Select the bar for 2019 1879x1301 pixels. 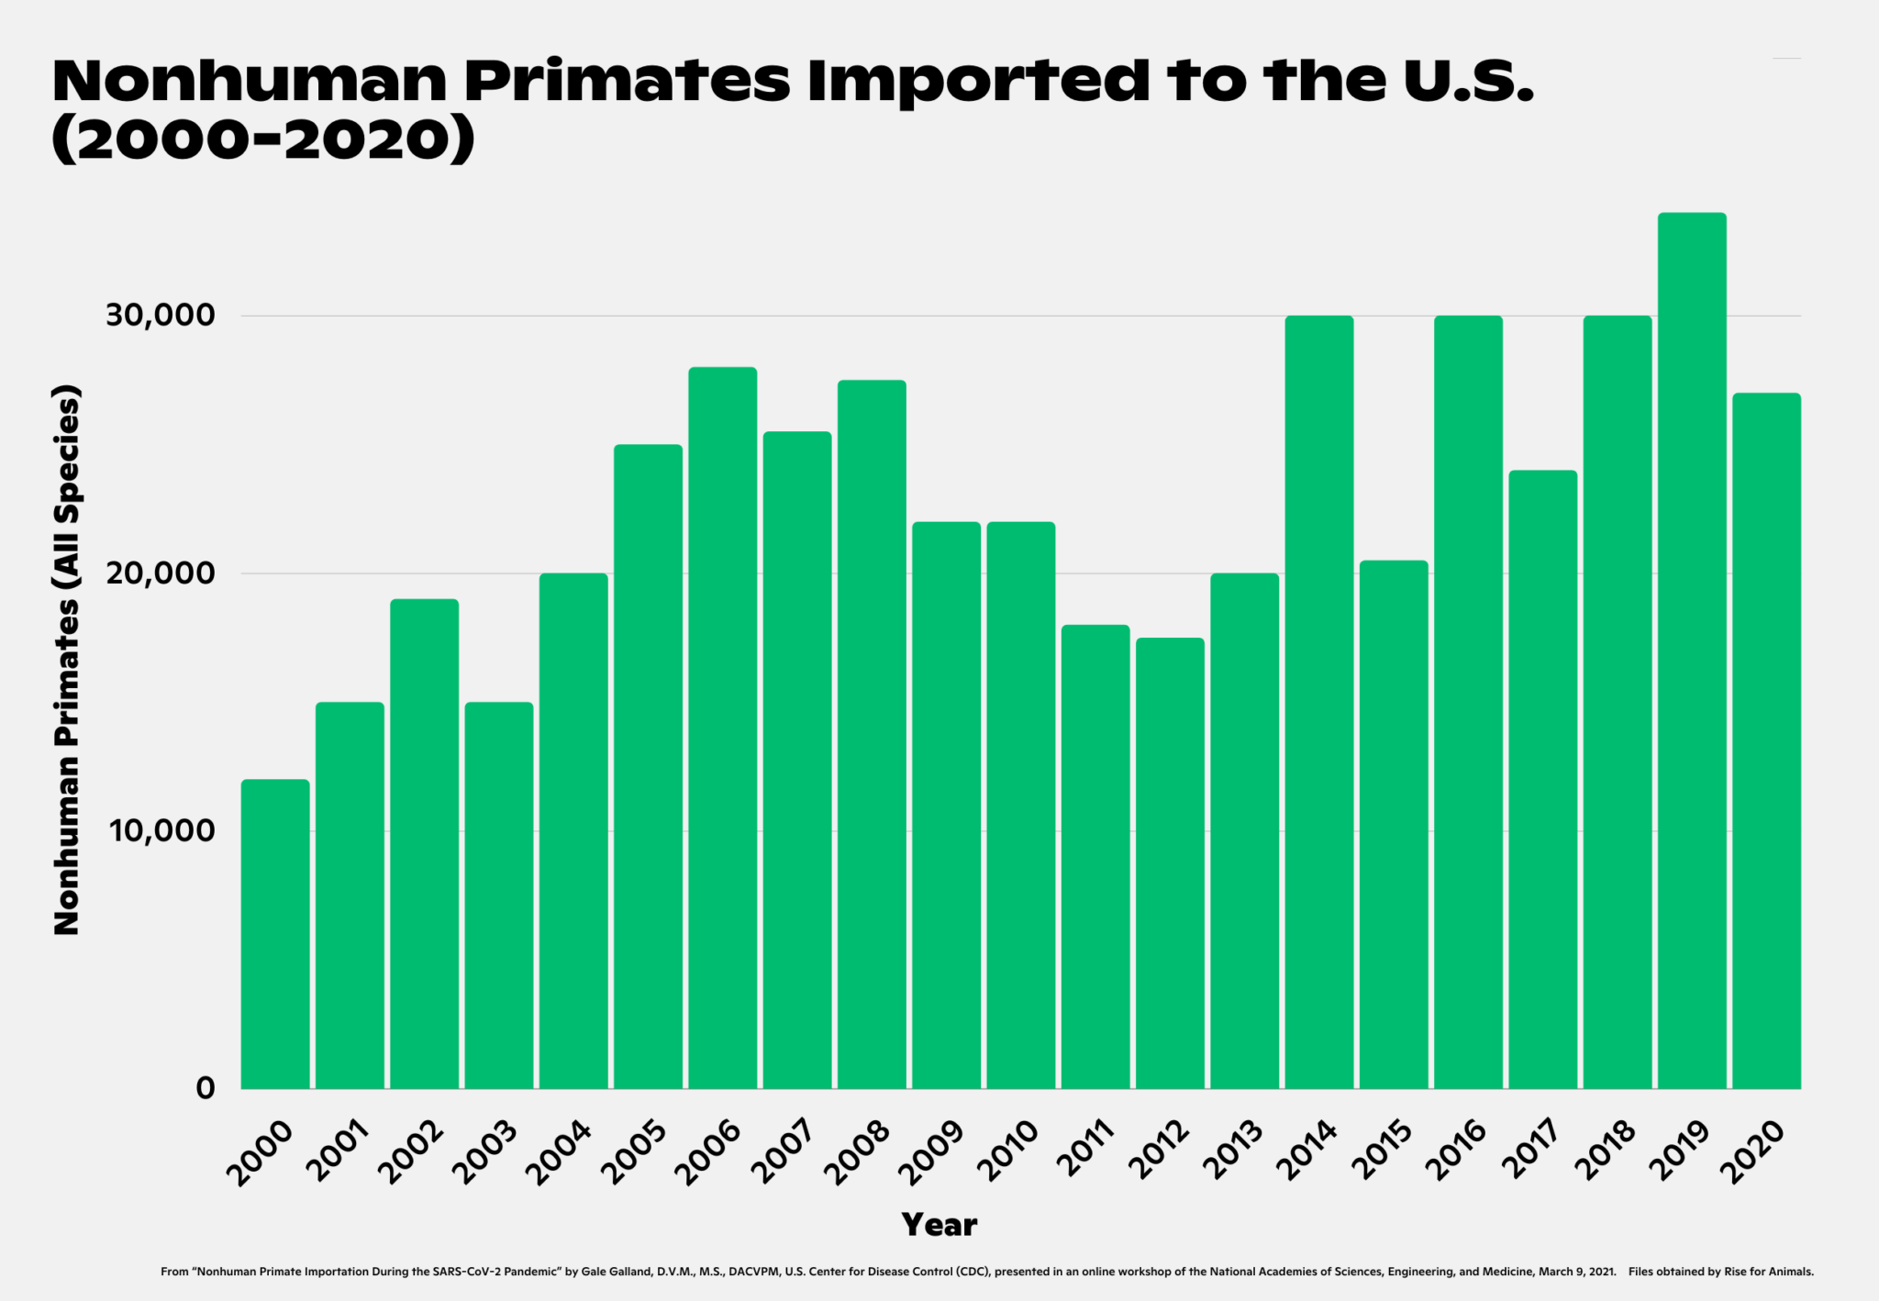pyautogui.click(x=1692, y=650)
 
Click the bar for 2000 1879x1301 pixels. pyautogui.click(x=275, y=934)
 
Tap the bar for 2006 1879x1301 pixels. pyautogui.click(x=723, y=728)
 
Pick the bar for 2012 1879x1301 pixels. pyautogui.click(x=1170, y=862)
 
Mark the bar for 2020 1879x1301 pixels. pyautogui.click(x=1766, y=740)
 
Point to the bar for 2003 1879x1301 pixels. pyautogui.click(x=499, y=895)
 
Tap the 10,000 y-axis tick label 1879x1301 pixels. pyautogui.click(x=161, y=831)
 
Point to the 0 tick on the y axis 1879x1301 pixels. pyautogui.click(x=206, y=1088)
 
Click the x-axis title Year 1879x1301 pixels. pyautogui.click(x=939, y=1225)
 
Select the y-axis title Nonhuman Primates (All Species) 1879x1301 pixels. pyautogui.click(x=67, y=661)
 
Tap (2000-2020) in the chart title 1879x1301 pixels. pyautogui.click(x=263, y=140)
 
